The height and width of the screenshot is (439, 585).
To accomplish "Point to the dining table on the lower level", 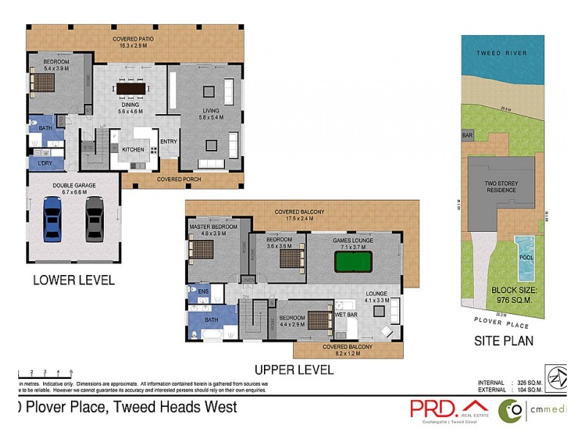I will pyautogui.click(x=130, y=89).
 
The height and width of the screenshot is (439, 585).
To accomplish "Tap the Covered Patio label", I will pyautogui.click(x=133, y=42).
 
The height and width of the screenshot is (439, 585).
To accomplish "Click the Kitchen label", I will pyautogui.click(x=132, y=149).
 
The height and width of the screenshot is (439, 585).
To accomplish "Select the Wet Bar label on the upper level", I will pyautogui.click(x=345, y=315).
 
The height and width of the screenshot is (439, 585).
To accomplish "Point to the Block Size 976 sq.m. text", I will pyautogui.click(x=516, y=295).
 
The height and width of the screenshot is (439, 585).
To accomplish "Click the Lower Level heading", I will pyautogui.click(x=74, y=280).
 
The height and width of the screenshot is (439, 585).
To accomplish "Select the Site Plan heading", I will pyautogui.click(x=503, y=340).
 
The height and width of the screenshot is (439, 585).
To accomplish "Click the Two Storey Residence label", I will pyautogui.click(x=501, y=186).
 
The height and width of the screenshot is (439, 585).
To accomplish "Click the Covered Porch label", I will pyautogui.click(x=179, y=179).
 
